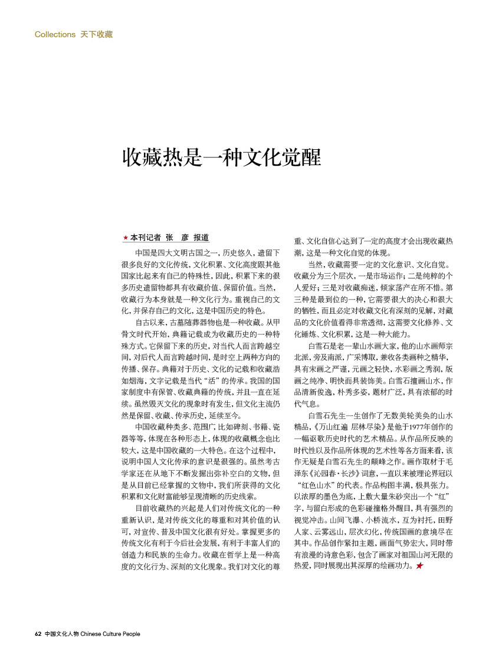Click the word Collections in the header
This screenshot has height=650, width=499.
pos(55,34)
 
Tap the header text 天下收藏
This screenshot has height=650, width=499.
pos(96,34)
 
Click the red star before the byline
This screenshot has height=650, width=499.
pos(125,238)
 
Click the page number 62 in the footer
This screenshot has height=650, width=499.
pos(38,634)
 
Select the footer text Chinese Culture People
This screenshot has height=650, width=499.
pos(110,634)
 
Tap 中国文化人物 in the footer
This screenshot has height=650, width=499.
pos(62,634)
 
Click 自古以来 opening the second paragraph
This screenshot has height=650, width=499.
pos(151,323)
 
